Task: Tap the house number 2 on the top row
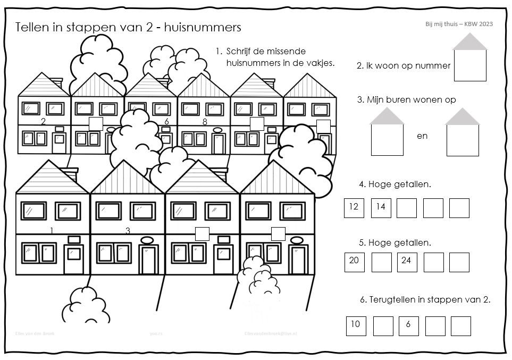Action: (x=43, y=122)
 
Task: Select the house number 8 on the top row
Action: (x=205, y=122)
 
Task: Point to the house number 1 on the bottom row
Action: (x=52, y=230)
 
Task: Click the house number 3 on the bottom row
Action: (x=128, y=230)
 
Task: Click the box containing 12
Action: (x=354, y=208)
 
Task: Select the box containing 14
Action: (x=381, y=208)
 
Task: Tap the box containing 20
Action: (x=354, y=262)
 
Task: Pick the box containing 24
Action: (x=407, y=262)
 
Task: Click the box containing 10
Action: (x=356, y=325)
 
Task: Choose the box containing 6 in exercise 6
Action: (x=408, y=325)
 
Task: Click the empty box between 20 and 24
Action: (x=381, y=262)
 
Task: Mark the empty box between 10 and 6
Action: (x=383, y=326)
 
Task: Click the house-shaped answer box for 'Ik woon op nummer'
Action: (x=470, y=64)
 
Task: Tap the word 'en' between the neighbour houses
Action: (x=422, y=136)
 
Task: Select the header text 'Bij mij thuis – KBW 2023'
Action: (x=458, y=24)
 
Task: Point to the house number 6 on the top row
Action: (x=166, y=122)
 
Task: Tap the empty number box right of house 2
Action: (x=96, y=124)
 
